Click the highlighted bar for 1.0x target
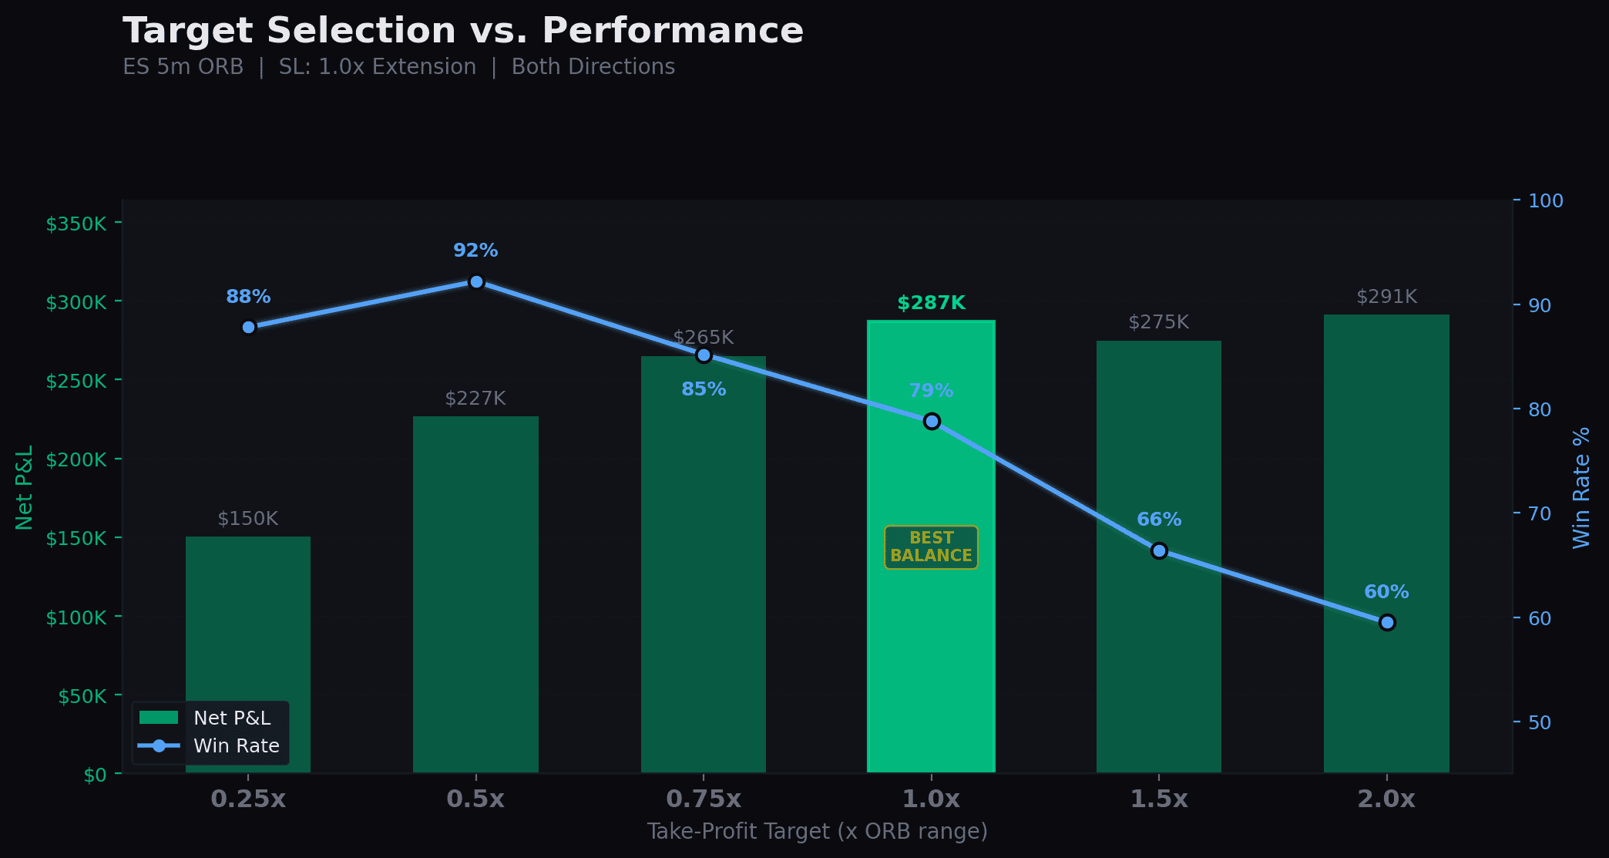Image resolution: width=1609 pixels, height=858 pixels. pos(931,655)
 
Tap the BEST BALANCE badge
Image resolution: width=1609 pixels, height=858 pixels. pos(931,547)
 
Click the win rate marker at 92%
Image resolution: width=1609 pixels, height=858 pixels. pos(476,282)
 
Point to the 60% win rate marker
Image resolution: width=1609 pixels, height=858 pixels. pos(1387,622)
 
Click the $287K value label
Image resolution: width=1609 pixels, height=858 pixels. pos(931,303)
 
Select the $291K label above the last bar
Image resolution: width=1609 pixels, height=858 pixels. pos(1386,297)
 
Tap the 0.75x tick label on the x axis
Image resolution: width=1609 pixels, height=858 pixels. pos(704,799)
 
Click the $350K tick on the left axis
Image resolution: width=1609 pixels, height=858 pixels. pos(76,224)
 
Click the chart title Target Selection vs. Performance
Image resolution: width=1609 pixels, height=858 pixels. pos(462,31)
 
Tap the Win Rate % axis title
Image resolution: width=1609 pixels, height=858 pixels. pos(1581,488)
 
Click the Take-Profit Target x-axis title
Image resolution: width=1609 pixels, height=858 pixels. pos(817,832)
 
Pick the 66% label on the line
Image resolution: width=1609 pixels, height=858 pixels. pos(1159,520)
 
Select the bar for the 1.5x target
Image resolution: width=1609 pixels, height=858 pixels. pos(1159,578)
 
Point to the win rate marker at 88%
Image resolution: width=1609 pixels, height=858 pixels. pos(248,327)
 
